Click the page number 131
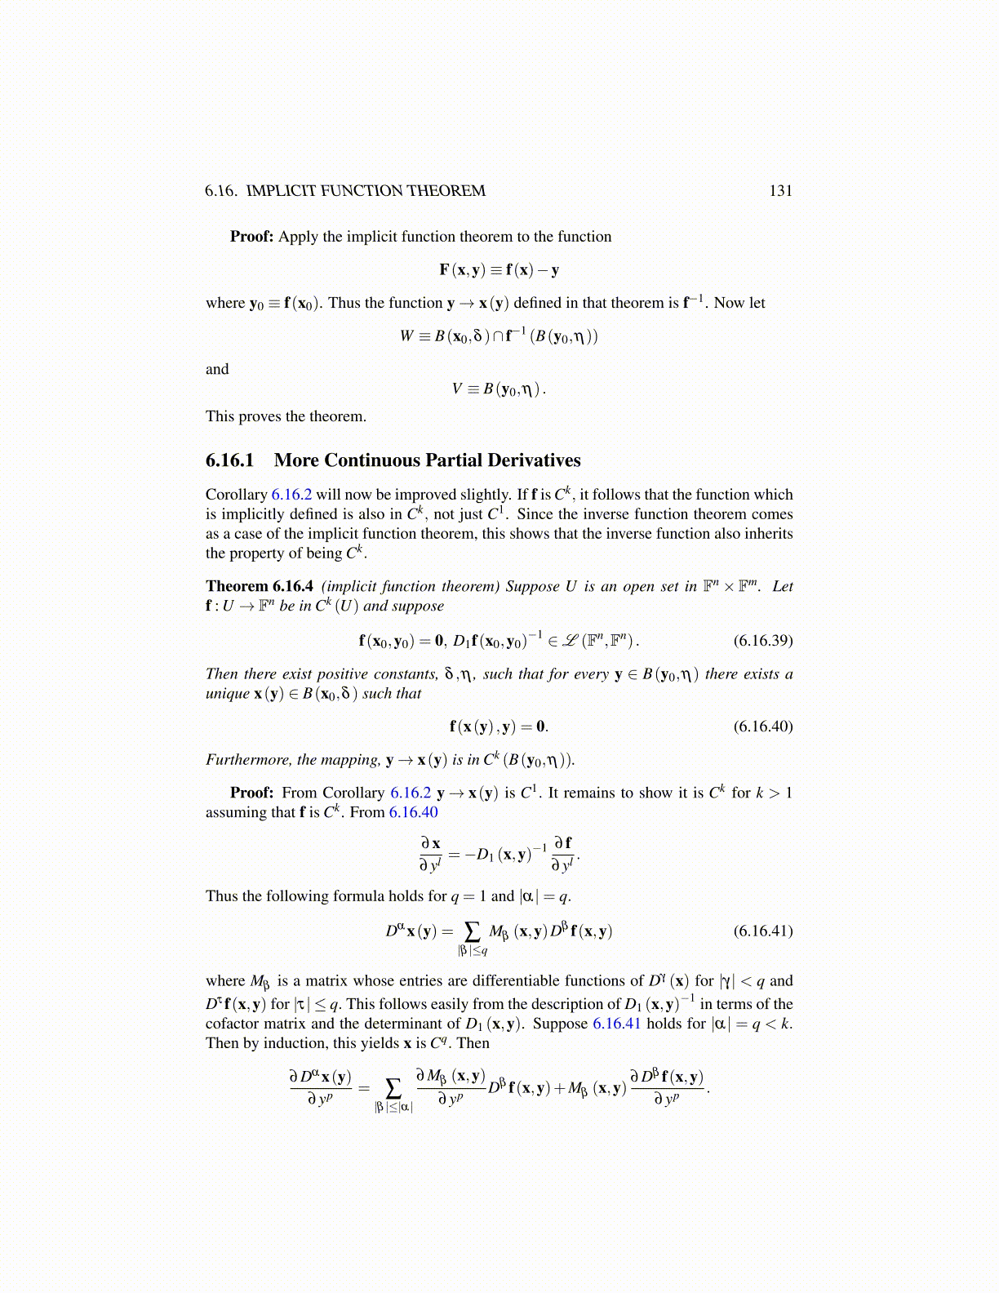(x=780, y=191)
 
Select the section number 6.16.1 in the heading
(x=230, y=460)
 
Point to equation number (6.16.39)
(x=762, y=640)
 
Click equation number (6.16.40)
(x=762, y=726)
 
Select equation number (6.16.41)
(x=762, y=931)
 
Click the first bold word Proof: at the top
(x=251, y=237)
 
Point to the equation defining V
(x=499, y=389)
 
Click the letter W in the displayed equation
(x=406, y=336)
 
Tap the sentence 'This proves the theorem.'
(x=286, y=416)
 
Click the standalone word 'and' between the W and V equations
(x=217, y=369)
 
